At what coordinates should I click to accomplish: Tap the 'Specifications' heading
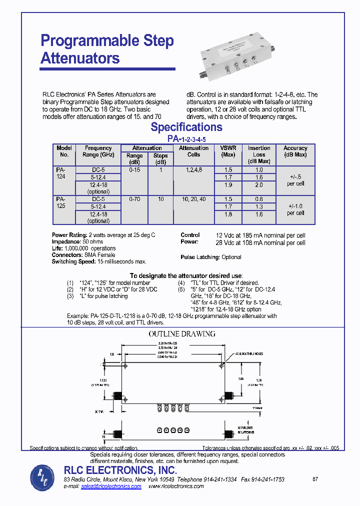[x=186, y=127]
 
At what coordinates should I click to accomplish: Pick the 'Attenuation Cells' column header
[x=193, y=151]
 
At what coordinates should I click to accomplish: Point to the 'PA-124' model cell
[x=60, y=173]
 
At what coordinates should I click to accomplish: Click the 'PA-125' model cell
[x=60, y=202]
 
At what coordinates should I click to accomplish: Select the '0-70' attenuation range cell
[x=134, y=199]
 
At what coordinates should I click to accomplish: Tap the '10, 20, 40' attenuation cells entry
[x=193, y=199]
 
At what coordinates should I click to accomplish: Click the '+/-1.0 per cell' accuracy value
[x=295, y=209]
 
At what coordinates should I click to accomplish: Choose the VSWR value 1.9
[x=228, y=185]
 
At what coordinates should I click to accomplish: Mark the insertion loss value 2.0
[x=259, y=185]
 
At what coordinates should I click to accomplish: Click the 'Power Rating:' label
[x=69, y=235]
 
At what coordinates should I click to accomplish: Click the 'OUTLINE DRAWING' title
[x=182, y=334]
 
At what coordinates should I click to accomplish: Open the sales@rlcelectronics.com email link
[x=111, y=486]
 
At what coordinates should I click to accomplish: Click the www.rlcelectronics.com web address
[x=176, y=486]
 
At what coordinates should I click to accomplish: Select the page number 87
[x=315, y=479]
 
